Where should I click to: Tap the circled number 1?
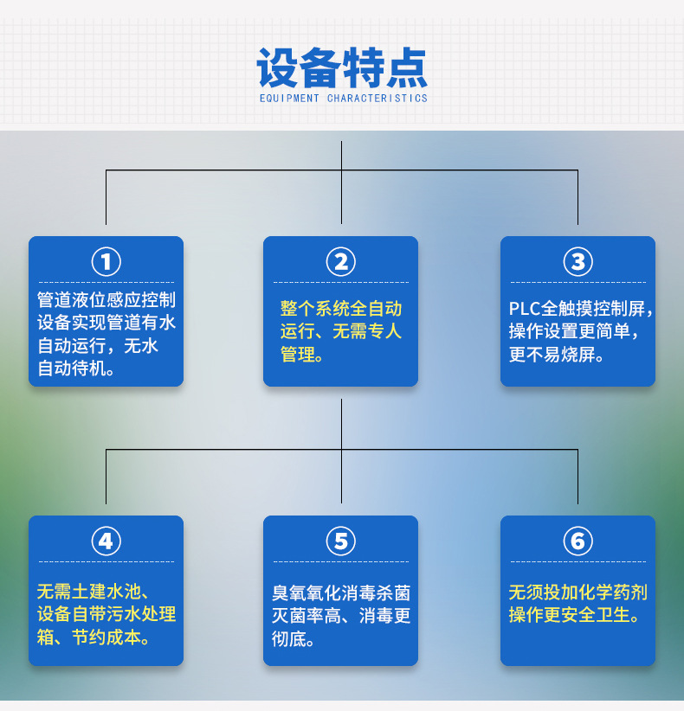click(106, 260)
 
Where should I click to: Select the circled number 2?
click(340, 260)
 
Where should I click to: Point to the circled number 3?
click(578, 260)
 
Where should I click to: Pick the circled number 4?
click(106, 541)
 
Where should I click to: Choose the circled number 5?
click(340, 541)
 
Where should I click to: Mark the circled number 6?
click(578, 541)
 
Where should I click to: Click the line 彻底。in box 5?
click(294, 640)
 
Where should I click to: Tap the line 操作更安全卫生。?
click(574, 615)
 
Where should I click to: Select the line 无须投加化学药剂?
click(578, 592)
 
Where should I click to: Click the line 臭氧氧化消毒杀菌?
click(341, 593)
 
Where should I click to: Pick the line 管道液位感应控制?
click(106, 300)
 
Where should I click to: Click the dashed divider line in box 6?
click(578, 562)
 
